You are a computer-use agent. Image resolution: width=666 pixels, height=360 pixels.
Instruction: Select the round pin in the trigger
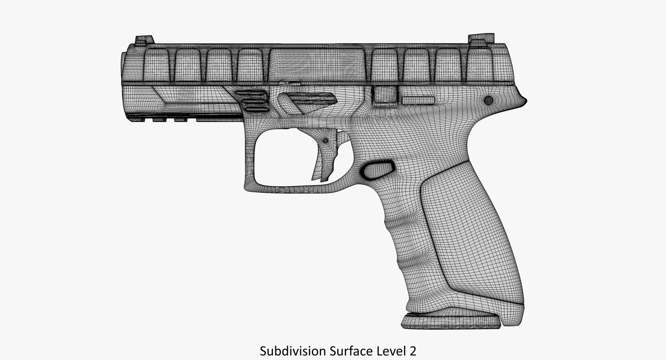[x=325, y=141]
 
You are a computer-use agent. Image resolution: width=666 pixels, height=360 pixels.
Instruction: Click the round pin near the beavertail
[x=489, y=101]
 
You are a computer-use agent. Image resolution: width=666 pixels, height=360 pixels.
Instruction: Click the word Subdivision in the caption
[x=292, y=351]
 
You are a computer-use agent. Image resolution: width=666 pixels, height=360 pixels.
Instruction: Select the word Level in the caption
[x=390, y=351]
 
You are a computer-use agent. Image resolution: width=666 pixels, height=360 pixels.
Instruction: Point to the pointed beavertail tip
[x=525, y=100]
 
